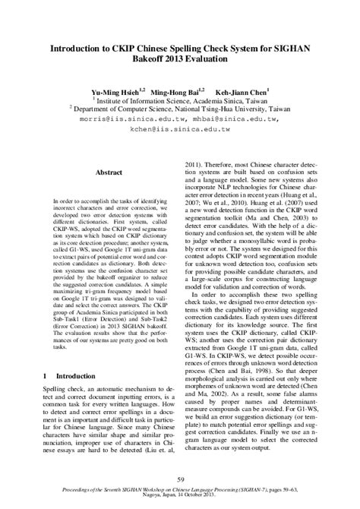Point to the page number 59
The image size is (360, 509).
180,479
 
